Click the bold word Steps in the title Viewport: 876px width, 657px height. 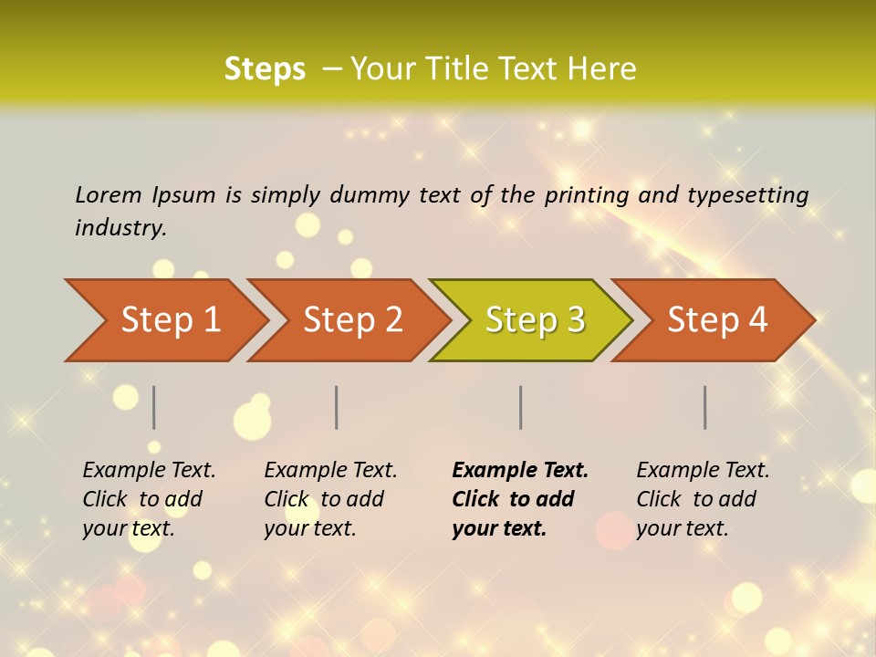pos(265,69)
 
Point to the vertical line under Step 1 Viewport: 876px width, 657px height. pos(154,407)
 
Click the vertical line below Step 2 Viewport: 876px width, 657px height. pos(337,407)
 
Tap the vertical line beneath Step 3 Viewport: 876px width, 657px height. pos(521,407)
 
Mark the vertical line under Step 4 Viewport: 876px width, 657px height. pos(705,407)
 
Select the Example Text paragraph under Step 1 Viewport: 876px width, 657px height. pos(149,499)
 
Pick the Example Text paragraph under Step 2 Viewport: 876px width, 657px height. pos(330,499)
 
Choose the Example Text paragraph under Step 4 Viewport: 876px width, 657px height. pos(703,499)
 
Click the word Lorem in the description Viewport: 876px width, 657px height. pos(109,195)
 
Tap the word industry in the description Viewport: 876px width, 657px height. pos(120,228)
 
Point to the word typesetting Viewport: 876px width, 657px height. pos(747,195)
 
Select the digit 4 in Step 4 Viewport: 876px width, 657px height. pos(757,320)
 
